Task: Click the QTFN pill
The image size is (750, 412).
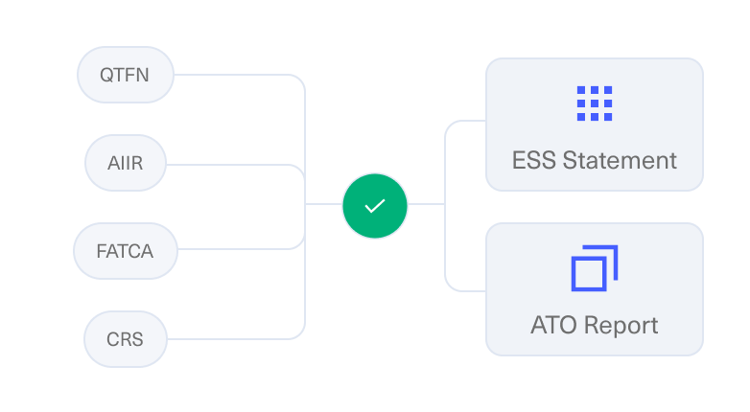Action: coord(126,75)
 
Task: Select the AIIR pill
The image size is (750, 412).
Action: coord(126,163)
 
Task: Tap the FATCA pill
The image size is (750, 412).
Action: coord(126,251)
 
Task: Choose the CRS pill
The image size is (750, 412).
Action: coord(126,339)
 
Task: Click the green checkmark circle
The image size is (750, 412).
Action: coord(375,206)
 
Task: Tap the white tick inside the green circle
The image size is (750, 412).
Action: coord(375,206)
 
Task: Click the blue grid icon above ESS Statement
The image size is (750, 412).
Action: coord(595,103)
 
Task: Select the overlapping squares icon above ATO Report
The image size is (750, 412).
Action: coord(595,268)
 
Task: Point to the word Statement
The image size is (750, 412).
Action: coord(620,160)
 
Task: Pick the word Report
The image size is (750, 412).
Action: coord(621,326)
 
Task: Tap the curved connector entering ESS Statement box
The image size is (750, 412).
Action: coord(445,144)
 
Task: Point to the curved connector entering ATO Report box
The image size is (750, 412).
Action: coord(445,267)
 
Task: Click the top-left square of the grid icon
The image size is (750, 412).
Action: coord(581,90)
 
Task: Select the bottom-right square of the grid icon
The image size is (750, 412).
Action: coord(608,117)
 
